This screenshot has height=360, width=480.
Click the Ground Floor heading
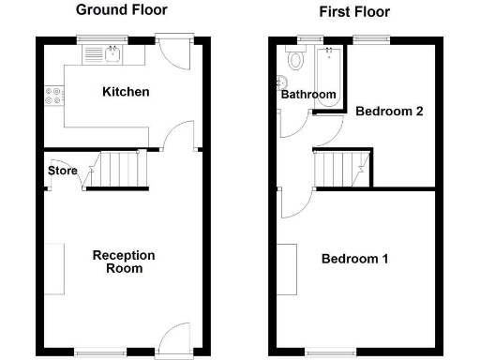tap(121, 10)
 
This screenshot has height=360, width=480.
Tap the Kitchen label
tap(127, 92)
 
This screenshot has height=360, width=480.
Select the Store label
tap(63, 171)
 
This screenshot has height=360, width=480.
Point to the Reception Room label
tap(124, 262)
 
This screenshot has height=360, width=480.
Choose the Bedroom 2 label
tap(390, 111)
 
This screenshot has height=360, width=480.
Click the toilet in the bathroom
tap(296, 61)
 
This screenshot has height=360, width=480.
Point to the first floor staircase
tap(342, 170)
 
